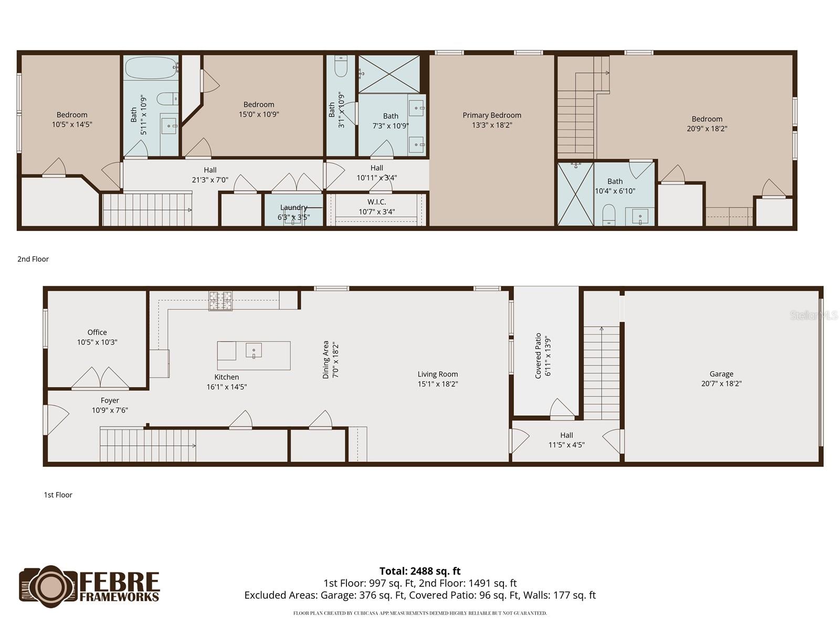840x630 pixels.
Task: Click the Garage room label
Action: tap(721, 374)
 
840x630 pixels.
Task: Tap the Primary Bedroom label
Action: tap(492, 115)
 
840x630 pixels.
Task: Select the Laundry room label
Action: tap(293, 207)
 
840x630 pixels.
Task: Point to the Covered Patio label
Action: tap(538, 355)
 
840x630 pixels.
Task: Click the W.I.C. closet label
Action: tap(376, 202)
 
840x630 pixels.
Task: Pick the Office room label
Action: tap(97, 332)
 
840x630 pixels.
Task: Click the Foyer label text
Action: tap(110, 401)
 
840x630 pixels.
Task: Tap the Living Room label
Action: tap(438, 374)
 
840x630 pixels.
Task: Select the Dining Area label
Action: tap(325, 360)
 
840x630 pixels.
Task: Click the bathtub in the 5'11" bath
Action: tap(151, 67)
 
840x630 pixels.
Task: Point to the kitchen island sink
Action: tap(254, 350)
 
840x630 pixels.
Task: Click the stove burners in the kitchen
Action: tap(220, 301)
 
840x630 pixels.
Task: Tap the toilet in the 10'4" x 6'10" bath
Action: tap(608, 215)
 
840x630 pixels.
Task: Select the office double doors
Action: tap(100, 378)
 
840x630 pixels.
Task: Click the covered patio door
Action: tap(561, 409)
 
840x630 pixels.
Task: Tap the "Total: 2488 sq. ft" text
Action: tap(419, 571)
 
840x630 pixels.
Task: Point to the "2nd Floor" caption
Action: tap(33, 259)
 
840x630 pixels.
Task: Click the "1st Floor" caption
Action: tap(58, 495)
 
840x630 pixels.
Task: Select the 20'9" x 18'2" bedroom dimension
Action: tap(707, 129)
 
